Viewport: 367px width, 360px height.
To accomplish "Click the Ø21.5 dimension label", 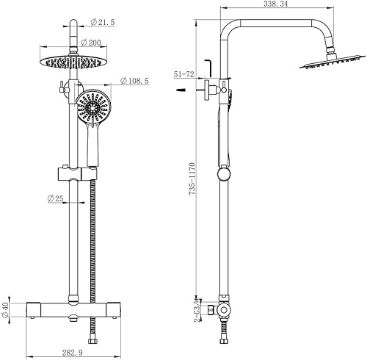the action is click(102, 22).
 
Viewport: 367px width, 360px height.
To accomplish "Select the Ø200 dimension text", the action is click(90, 43).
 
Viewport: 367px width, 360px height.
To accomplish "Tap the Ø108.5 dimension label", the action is click(134, 81).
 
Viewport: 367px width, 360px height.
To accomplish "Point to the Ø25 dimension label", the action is click(55, 198).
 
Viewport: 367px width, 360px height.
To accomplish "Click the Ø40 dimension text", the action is click(5, 310).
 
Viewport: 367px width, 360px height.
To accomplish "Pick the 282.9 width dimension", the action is click(73, 353).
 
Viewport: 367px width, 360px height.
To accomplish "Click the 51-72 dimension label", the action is click(183, 74).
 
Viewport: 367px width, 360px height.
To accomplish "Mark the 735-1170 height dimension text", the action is click(192, 179).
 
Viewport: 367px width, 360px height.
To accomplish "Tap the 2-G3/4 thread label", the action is click(198, 310).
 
